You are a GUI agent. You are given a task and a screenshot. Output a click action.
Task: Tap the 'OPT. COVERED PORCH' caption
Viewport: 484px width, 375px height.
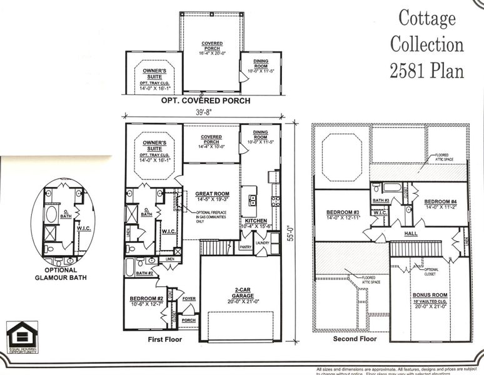click(206, 101)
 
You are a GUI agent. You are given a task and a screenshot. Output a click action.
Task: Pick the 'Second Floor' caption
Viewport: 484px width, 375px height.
click(355, 339)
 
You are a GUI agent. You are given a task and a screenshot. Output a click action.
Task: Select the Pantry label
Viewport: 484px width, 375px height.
click(246, 247)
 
